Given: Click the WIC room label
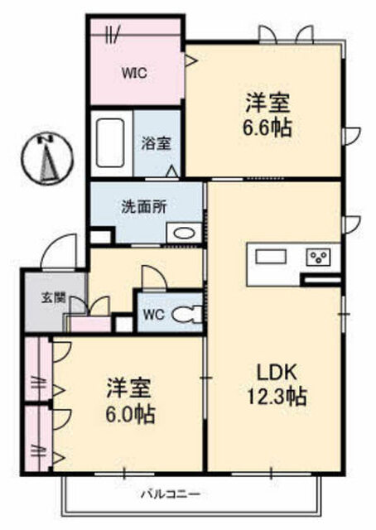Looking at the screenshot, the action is coord(134,73).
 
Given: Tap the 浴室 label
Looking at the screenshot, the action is coord(156,143).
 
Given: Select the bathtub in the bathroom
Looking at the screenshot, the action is coord(111,142).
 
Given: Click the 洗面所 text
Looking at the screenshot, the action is coord(144,207).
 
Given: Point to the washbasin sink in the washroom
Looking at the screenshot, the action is coord(184,233).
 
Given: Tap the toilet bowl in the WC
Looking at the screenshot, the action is coord(186,315).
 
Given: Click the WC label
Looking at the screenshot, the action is coord(153,315).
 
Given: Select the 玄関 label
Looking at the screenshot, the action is coord(54,298).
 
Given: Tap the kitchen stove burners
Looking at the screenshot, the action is coord(318,258).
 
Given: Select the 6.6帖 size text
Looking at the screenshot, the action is coord(268,128).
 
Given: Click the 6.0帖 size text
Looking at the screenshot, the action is coord(130,414).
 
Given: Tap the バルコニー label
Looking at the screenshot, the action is coord(171,495).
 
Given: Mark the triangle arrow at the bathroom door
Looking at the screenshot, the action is coord(172,171).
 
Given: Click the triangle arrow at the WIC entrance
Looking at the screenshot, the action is coord(190,60).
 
